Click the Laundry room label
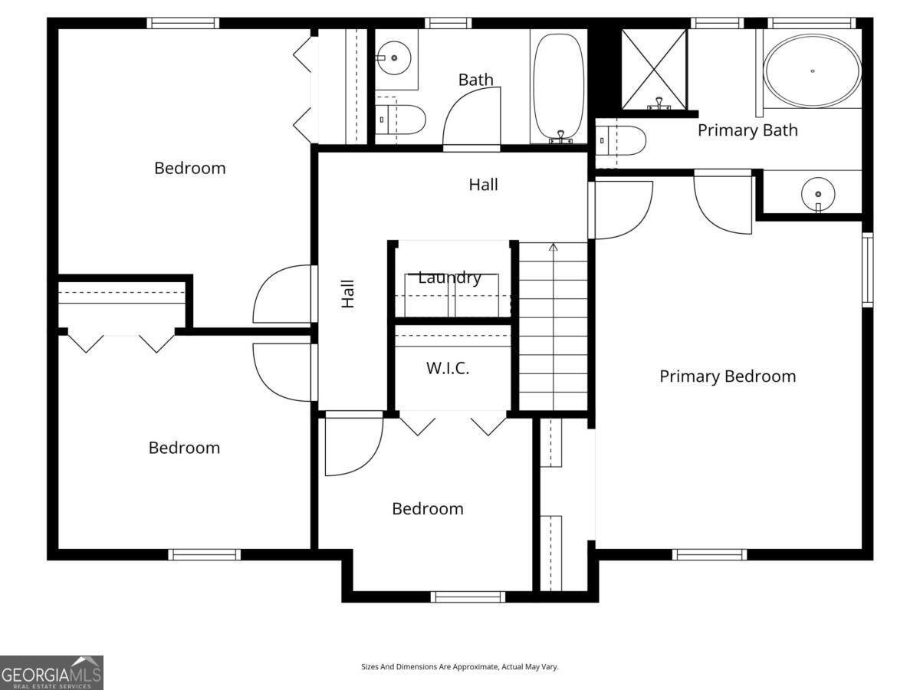click(449, 278)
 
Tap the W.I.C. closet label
click(448, 368)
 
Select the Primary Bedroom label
click(728, 376)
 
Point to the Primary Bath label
click(747, 130)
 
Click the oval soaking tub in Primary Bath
click(812, 71)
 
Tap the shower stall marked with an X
click(654, 69)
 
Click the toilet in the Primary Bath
click(621, 141)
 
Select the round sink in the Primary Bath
click(818, 195)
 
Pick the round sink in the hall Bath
click(393, 58)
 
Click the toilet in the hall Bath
click(400, 120)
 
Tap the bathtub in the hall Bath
click(559, 87)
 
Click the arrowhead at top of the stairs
click(554, 247)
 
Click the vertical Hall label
click(348, 294)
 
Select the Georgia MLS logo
click(51, 673)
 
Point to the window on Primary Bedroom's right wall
click(867, 270)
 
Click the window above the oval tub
click(812, 23)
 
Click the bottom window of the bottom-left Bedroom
click(205, 554)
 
